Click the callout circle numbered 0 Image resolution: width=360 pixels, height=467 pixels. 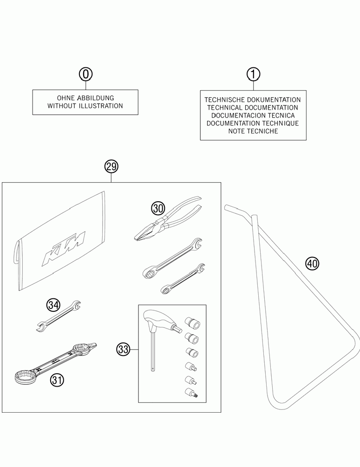pyautogui.click(x=85, y=74)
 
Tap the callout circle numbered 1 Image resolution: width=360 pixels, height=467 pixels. pyautogui.click(x=253, y=74)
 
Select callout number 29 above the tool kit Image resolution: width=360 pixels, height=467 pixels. pyautogui.click(x=111, y=166)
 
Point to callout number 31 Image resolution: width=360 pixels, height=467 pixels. pyautogui.click(x=57, y=380)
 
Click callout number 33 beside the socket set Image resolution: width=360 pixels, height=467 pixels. pyautogui.click(x=123, y=349)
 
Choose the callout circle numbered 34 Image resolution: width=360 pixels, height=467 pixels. pyautogui.click(x=53, y=305)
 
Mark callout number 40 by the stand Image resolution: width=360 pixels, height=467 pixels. pyautogui.click(x=312, y=264)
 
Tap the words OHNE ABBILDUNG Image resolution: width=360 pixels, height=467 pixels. pyautogui.click(x=85, y=99)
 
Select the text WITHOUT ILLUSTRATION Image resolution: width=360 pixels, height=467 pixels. pyautogui.click(x=85, y=106)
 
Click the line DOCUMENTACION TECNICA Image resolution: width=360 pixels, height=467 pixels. pyautogui.click(x=253, y=115)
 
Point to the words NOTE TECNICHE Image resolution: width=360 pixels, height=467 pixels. pyautogui.click(x=253, y=132)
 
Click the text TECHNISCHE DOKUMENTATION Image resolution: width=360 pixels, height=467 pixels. pyautogui.click(x=253, y=99)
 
